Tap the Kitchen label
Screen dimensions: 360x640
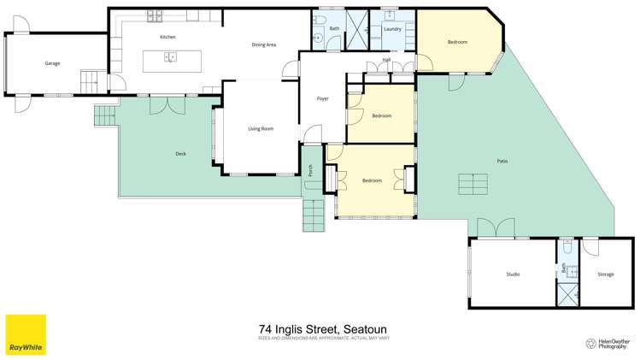[167, 38]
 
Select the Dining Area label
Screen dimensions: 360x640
[263, 44]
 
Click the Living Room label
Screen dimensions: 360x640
[261, 129]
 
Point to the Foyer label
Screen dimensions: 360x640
[322, 99]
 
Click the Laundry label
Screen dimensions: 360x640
[392, 29]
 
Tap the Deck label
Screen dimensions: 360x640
[180, 154]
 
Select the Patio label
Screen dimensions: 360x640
[502, 161]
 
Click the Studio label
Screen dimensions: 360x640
[513, 274]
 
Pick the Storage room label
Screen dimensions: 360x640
[605, 274]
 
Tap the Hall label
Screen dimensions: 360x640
[386, 60]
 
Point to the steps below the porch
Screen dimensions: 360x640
[314, 215]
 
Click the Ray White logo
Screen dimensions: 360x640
[26, 334]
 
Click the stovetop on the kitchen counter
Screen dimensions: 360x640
[156, 15]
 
